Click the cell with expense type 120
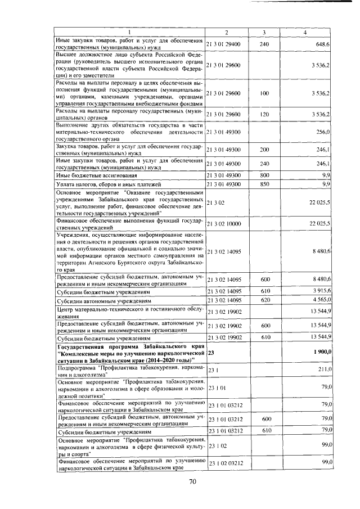(x=264, y=114)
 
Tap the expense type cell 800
(x=264, y=175)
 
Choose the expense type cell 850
(x=264, y=184)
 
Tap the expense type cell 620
(x=264, y=300)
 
